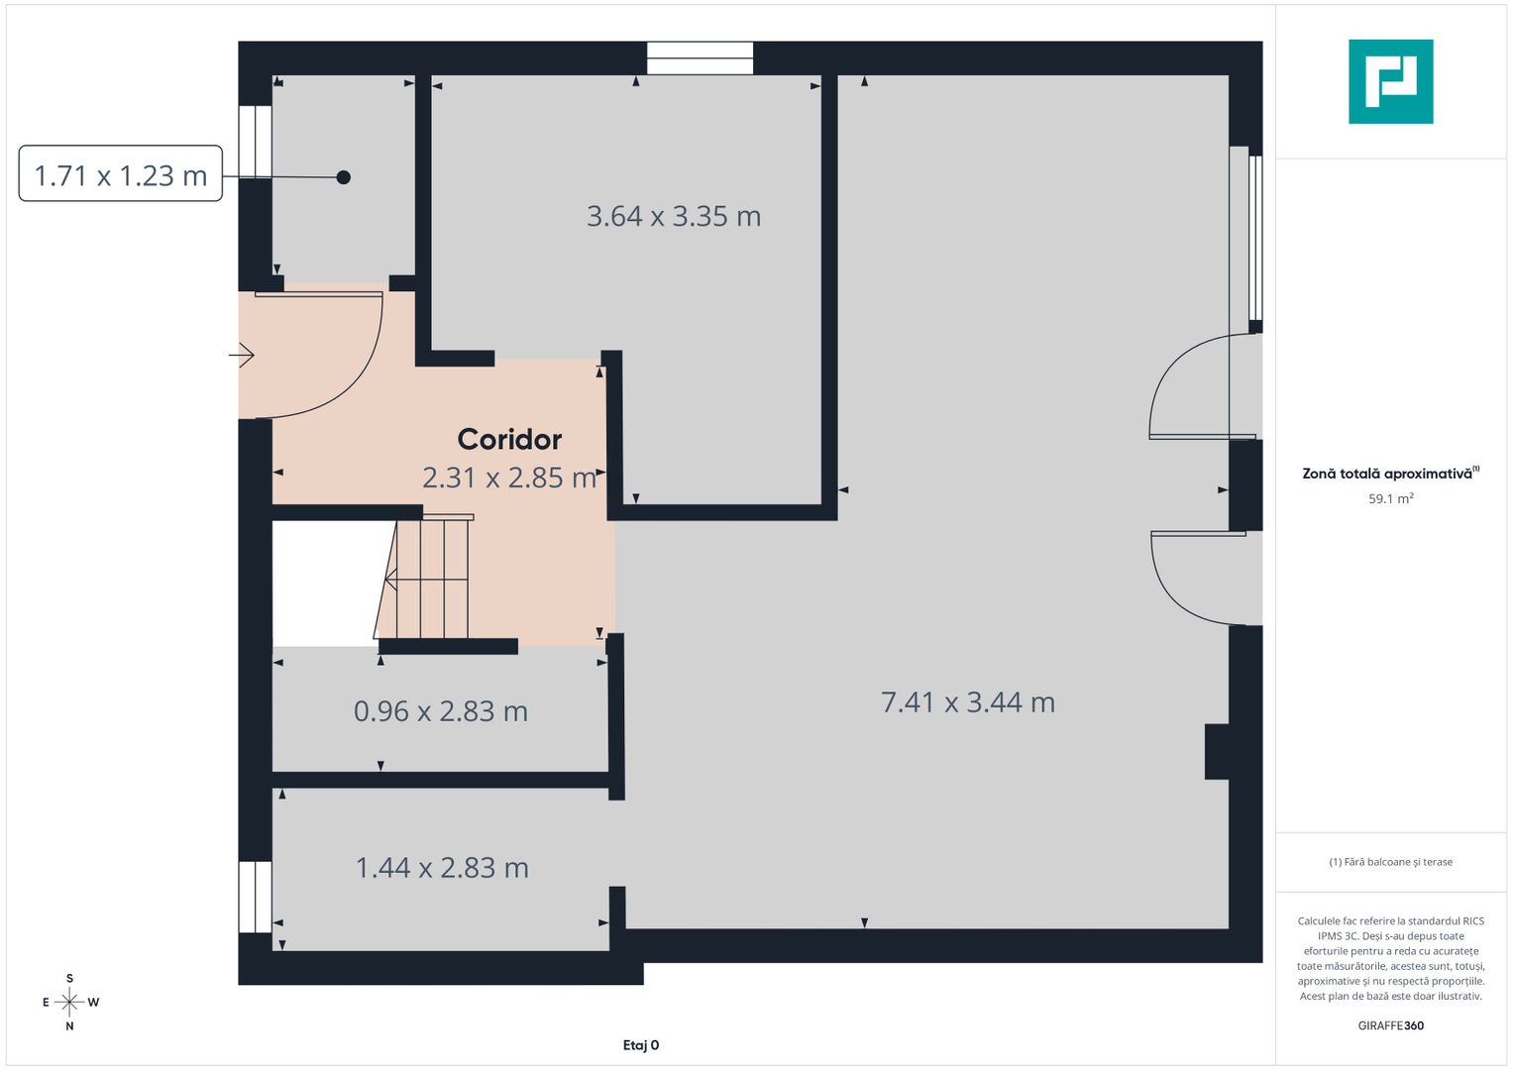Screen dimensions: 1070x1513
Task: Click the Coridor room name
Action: (x=509, y=439)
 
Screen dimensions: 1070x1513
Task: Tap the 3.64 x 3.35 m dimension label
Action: (x=674, y=216)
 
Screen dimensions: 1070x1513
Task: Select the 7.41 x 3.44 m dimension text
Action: (x=968, y=702)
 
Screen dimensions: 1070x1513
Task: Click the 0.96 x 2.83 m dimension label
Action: (x=441, y=711)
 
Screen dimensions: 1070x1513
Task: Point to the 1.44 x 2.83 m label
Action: (x=442, y=868)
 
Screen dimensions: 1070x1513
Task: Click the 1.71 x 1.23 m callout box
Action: (x=121, y=174)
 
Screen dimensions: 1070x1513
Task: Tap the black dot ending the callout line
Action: (x=343, y=177)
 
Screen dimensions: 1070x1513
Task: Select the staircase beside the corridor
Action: (x=426, y=578)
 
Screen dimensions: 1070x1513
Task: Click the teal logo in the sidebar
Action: (x=1390, y=81)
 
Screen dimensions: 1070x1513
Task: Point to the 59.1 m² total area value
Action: (x=1390, y=499)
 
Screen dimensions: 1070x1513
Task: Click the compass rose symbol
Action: (x=69, y=1003)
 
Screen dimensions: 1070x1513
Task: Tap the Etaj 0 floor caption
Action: (x=641, y=1045)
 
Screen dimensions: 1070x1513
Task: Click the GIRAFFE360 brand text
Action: (x=1390, y=1025)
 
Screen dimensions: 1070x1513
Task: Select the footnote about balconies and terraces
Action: (x=1390, y=862)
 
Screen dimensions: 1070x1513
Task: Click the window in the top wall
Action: (x=700, y=58)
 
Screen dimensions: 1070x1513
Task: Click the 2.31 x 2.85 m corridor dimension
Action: (x=509, y=478)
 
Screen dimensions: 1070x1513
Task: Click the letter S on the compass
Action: (x=69, y=979)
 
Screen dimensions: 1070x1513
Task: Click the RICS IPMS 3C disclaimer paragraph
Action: (x=1390, y=958)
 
